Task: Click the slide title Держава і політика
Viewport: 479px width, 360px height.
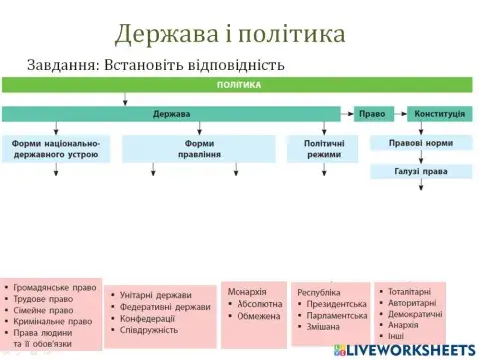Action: pyautogui.click(x=230, y=33)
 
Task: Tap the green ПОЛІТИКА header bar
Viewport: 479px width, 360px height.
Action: pyautogui.click(x=239, y=85)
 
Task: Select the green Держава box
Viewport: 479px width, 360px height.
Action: pyautogui.click(x=172, y=113)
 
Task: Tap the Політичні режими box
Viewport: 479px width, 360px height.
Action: pyautogui.click(x=323, y=149)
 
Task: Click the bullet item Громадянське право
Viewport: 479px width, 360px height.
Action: pyautogui.click(x=55, y=288)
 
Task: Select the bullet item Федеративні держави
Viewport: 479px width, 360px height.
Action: pyautogui.click(x=166, y=307)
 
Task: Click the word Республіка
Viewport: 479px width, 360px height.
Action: pyautogui.click(x=319, y=293)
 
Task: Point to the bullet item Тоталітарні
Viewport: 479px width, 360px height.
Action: pyautogui.click(x=412, y=292)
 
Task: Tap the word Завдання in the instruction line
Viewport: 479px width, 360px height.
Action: pyautogui.click(x=59, y=64)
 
